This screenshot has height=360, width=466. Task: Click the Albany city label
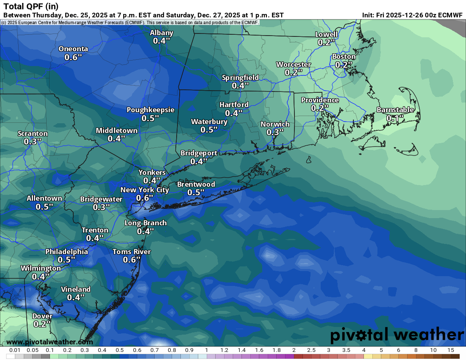(161, 33)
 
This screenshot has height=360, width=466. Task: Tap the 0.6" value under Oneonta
(73, 57)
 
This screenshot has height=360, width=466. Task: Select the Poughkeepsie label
(150, 110)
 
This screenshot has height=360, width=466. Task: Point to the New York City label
(144, 190)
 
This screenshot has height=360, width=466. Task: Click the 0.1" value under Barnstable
(395, 119)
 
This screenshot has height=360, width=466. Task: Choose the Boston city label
(344, 56)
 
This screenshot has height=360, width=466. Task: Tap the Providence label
(320, 100)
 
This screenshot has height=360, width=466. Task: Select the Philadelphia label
(67, 252)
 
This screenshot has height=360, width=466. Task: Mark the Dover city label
(42, 316)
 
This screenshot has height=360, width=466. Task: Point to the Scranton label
(33, 133)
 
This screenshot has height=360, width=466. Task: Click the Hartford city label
(234, 105)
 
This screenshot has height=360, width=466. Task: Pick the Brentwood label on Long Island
(196, 184)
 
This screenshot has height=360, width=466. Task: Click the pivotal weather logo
(397, 335)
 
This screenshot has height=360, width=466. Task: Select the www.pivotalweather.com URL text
(50, 342)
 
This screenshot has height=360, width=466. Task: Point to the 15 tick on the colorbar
(450, 350)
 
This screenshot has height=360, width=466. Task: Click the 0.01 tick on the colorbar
(15, 350)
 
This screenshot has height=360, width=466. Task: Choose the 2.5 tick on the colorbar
(311, 350)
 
